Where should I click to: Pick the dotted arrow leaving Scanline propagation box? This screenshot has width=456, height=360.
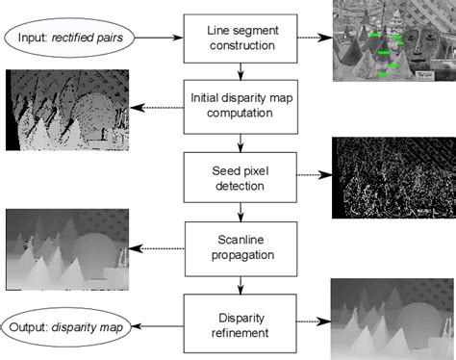tap(161, 247)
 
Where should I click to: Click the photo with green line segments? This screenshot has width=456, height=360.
tap(391, 40)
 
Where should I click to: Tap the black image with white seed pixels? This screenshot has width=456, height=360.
tap(391, 178)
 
